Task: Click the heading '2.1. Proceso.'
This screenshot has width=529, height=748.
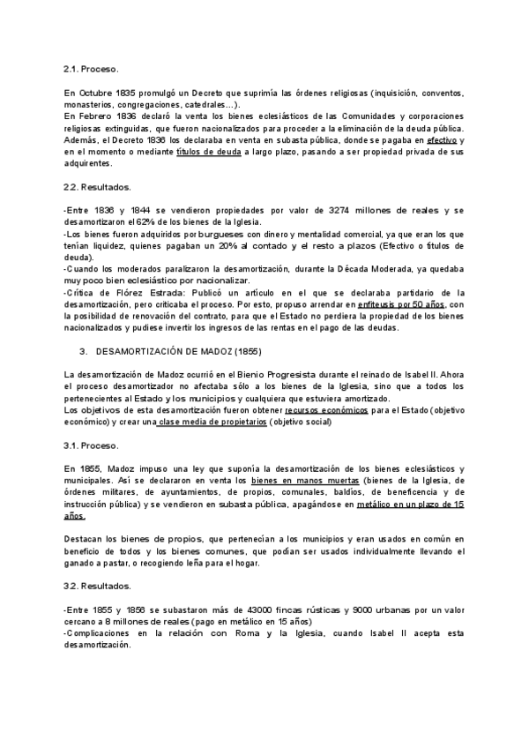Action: click(91, 68)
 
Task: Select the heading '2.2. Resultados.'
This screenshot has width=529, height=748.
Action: click(98, 188)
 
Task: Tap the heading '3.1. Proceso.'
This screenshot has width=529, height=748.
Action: click(91, 445)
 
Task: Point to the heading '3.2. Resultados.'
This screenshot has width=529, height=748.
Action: click(98, 586)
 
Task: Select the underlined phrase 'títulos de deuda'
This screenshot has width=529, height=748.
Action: click(208, 152)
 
